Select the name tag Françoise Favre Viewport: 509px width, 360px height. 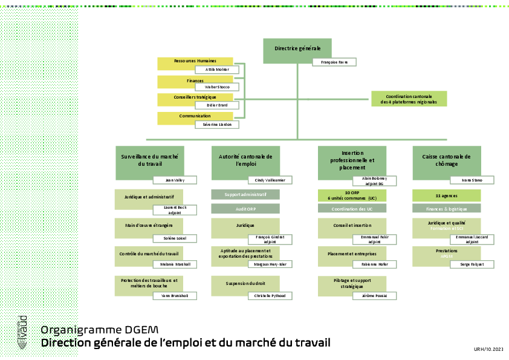(x=334, y=62)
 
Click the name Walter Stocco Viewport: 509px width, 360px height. (x=217, y=87)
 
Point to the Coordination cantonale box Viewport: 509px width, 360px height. (x=409, y=99)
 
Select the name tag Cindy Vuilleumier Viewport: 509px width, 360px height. (x=270, y=180)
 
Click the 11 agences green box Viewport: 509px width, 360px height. (x=446, y=195)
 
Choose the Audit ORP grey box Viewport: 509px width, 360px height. (x=245, y=209)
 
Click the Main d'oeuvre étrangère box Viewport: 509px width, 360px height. (x=149, y=227)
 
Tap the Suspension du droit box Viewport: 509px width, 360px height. (x=245, y=285)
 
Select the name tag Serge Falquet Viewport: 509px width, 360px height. (x=472, y=264)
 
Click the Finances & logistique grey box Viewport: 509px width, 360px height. (x=446, y=209)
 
